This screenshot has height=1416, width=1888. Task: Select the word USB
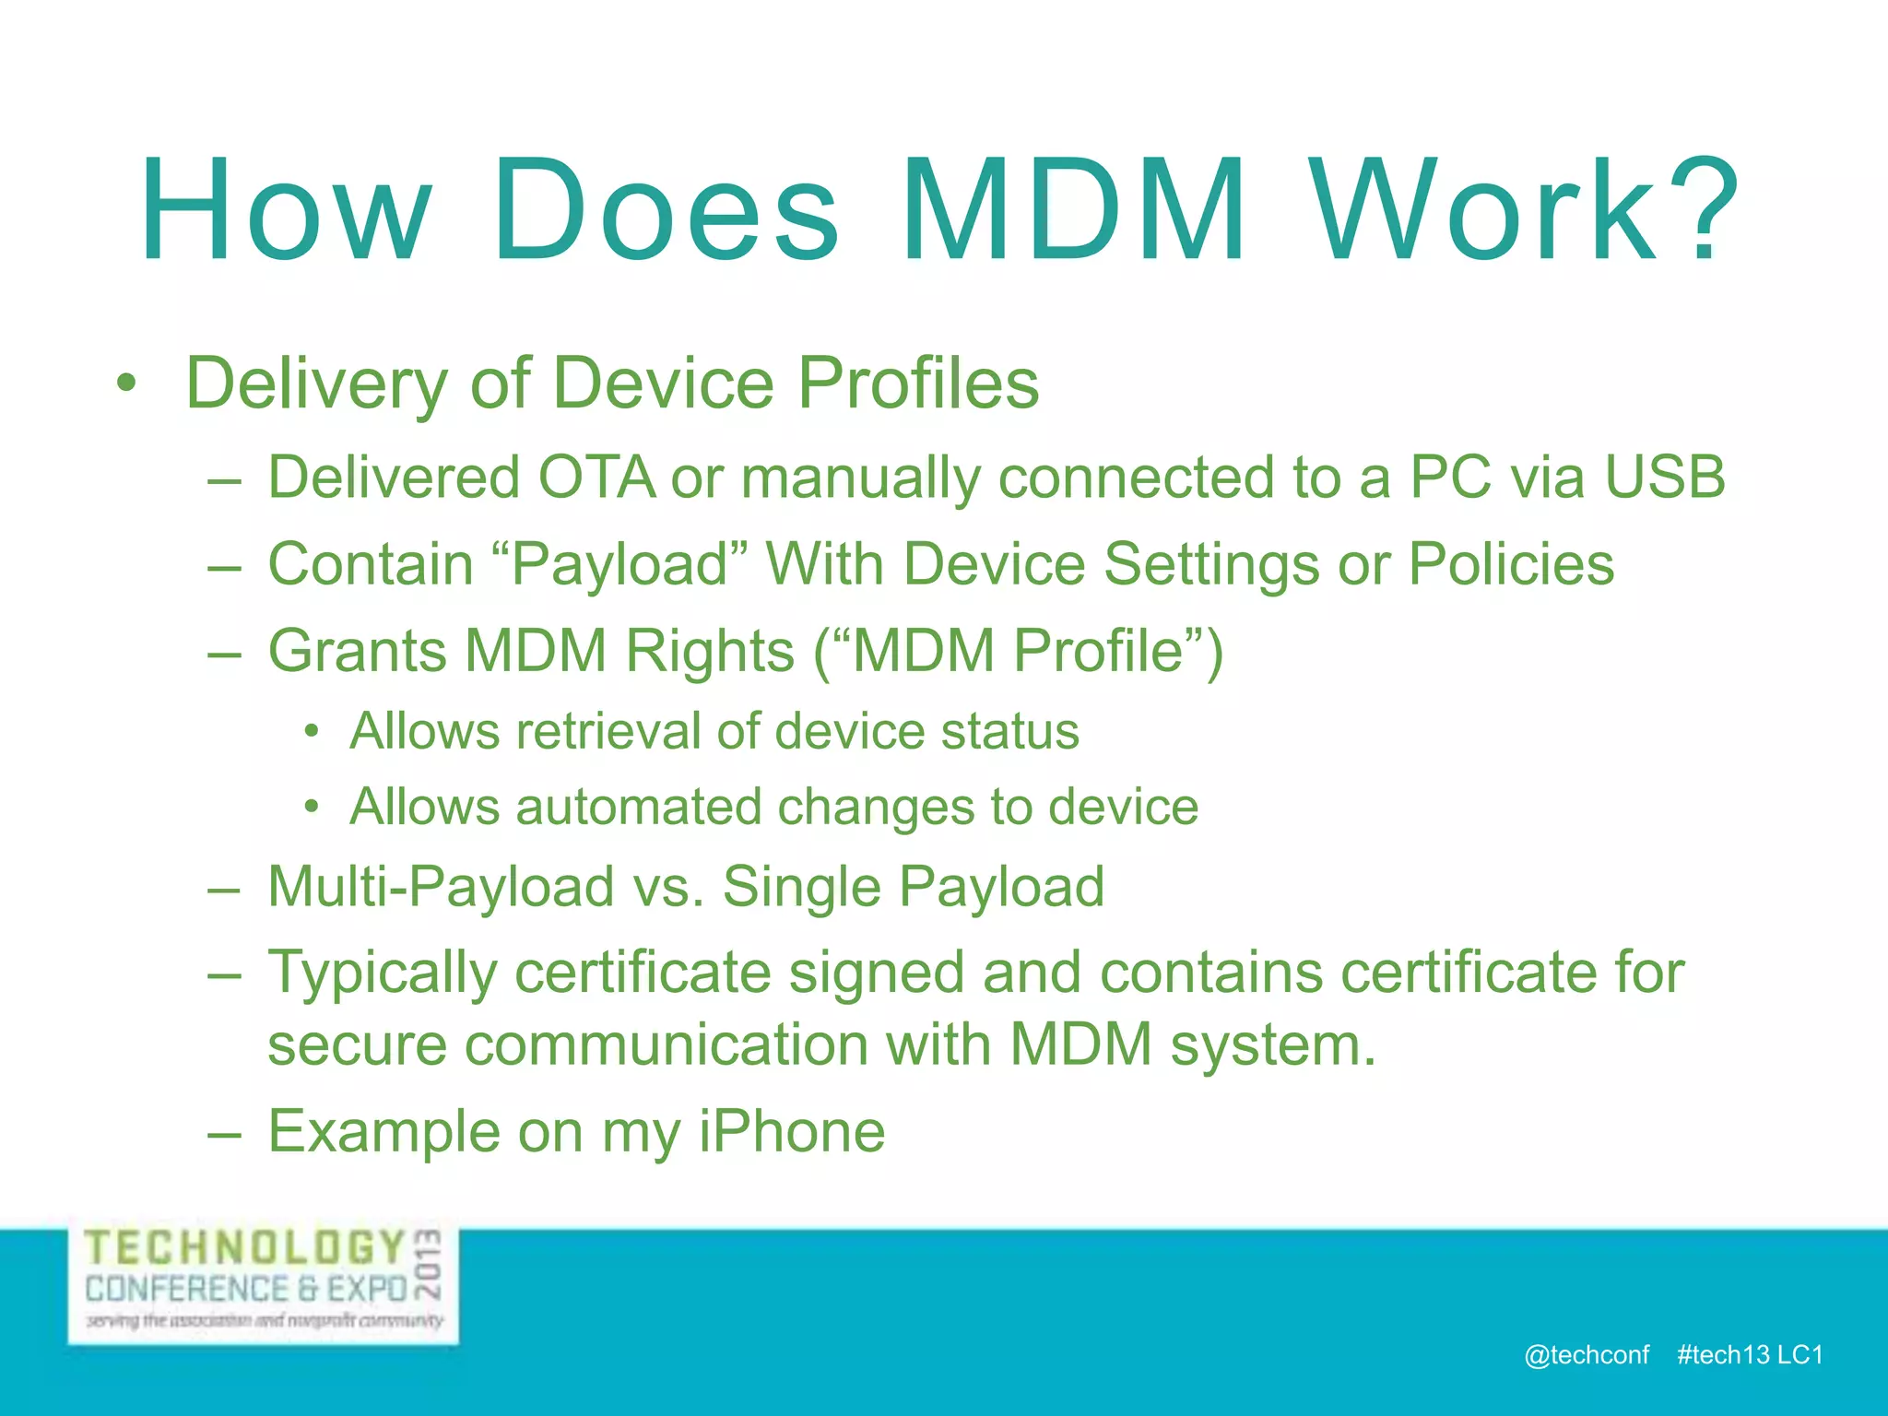1664,478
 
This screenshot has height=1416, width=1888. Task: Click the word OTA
596,478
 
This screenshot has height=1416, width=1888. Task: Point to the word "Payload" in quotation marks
620,564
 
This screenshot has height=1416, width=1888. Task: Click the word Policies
1511,564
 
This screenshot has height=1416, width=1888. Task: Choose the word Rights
709,651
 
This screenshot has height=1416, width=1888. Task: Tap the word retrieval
608,732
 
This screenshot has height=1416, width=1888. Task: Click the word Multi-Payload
441,887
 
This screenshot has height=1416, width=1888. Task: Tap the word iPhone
791,1132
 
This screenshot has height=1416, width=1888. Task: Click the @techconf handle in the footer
1586,1354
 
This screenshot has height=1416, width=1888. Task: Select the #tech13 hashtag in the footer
1723,1354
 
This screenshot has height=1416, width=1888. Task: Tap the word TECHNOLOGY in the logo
245,1248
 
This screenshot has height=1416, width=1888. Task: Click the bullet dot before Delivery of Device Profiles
126,383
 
